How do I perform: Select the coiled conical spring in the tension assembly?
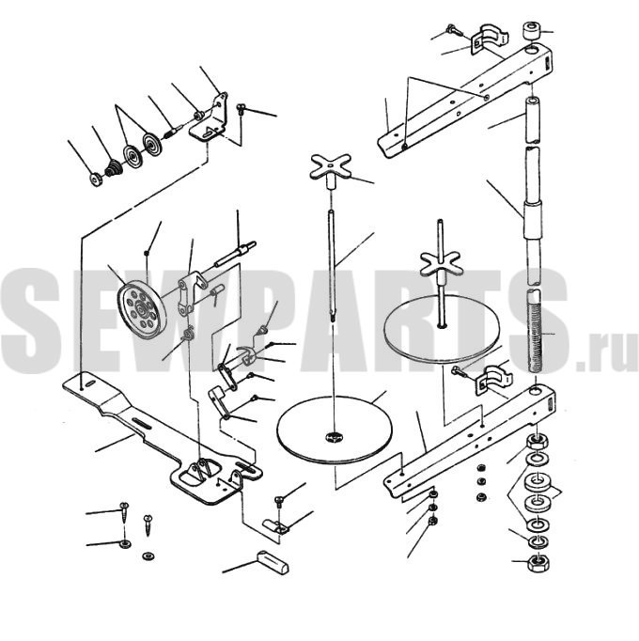(114, 168)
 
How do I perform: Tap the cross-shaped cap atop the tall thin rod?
(331, 166)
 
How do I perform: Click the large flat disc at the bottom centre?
(335, 430)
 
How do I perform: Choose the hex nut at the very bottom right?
(538, 563)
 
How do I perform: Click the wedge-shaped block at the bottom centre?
(273, 562)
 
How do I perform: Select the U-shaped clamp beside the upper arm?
(490, 40)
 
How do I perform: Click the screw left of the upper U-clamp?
(455, 30)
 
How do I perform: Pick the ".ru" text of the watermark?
(607, 353)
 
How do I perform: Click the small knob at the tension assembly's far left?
(96, 180)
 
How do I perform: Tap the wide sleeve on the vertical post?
(533, 220)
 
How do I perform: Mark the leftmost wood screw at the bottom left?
(125, 513)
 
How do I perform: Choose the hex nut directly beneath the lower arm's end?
(535, 441)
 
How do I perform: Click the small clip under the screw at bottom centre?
(276, 526)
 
